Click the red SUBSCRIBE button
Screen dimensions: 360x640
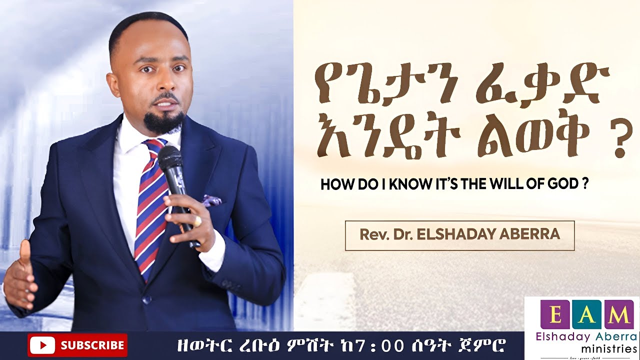[77, 345]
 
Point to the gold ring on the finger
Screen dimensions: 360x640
[197, 220]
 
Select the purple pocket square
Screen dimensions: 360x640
[212, 200]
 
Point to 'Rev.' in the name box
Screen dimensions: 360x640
[371, 234]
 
